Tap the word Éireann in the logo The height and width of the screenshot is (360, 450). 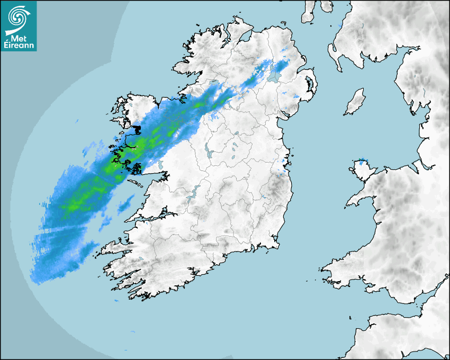click(19, 45)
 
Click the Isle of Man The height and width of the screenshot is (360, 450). click(355, 102)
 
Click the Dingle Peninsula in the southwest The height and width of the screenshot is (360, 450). click(114, 246)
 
